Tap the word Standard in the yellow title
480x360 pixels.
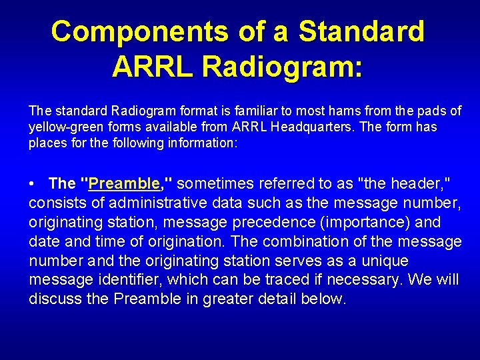pyautogui.click(x=361, y=31)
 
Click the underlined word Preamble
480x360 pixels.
pyautogui.click(x=124, y=183)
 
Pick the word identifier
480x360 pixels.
pyautogui.click(x=131, y=280)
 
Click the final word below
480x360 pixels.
pyautogui.click(x=323, y=299)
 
